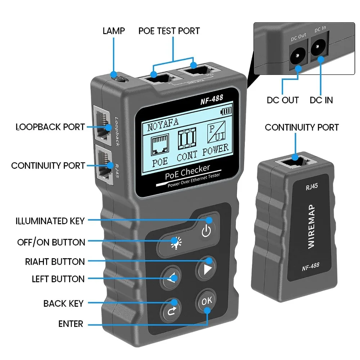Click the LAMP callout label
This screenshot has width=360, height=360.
(x=113, y=31)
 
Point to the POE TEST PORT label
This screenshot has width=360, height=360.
(x=169, y=31)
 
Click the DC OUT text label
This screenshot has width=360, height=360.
(x=283, y=100)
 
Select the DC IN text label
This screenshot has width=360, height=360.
(x=321, y=100)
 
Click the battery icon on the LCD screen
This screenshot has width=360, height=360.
(x=226, y=112)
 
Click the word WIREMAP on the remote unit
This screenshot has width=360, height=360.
(x=311, y=226)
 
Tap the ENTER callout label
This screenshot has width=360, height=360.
(x=71, y=324)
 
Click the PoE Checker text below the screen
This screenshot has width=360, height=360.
(x=187, y=172)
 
